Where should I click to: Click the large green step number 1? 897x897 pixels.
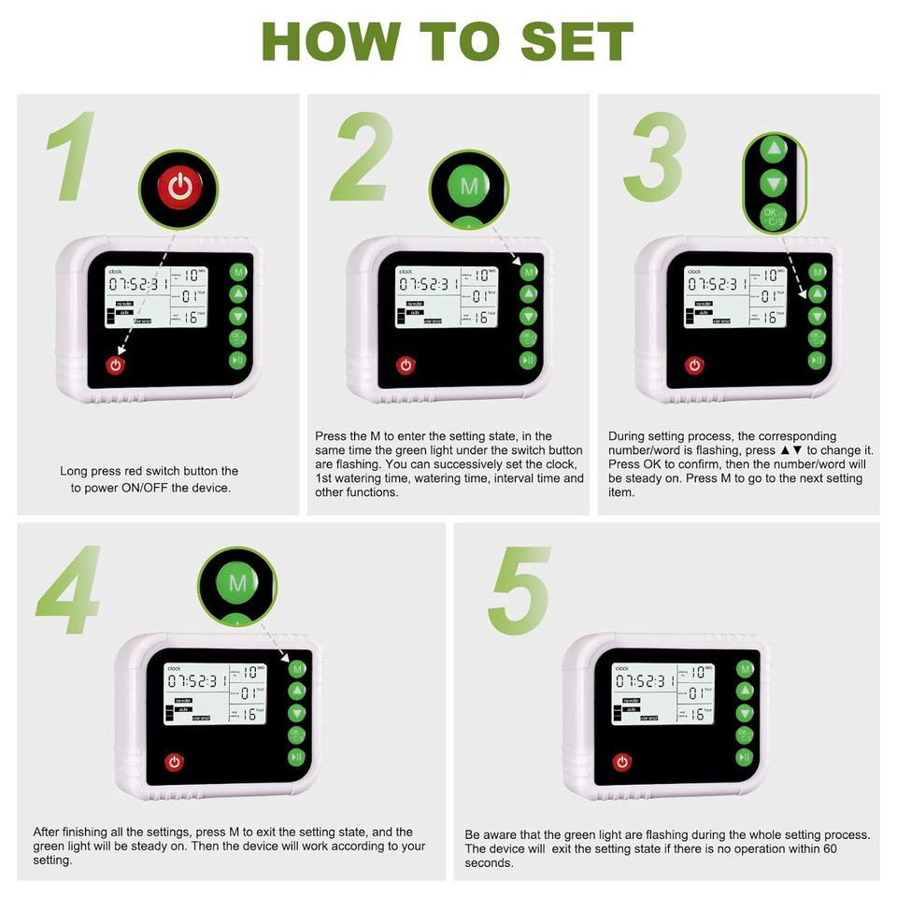(73, 157)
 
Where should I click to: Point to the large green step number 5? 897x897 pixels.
(520, 591)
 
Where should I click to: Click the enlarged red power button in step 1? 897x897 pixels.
(179, 189)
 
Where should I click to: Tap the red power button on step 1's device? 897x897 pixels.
(115, 364)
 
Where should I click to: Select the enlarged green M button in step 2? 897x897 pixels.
(469, 186)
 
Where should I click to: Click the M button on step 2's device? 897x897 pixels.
(528, 272)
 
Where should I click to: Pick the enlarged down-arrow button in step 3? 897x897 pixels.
(773, 182)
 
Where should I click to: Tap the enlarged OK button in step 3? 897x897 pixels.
(773, 217)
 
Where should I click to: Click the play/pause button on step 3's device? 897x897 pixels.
(817, 361)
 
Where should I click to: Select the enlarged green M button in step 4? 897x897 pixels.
(237, 584)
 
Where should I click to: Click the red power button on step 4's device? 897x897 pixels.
(174, 762)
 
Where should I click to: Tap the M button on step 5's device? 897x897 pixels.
(745, 669)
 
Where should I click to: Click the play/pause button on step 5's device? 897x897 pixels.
(745, 757)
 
